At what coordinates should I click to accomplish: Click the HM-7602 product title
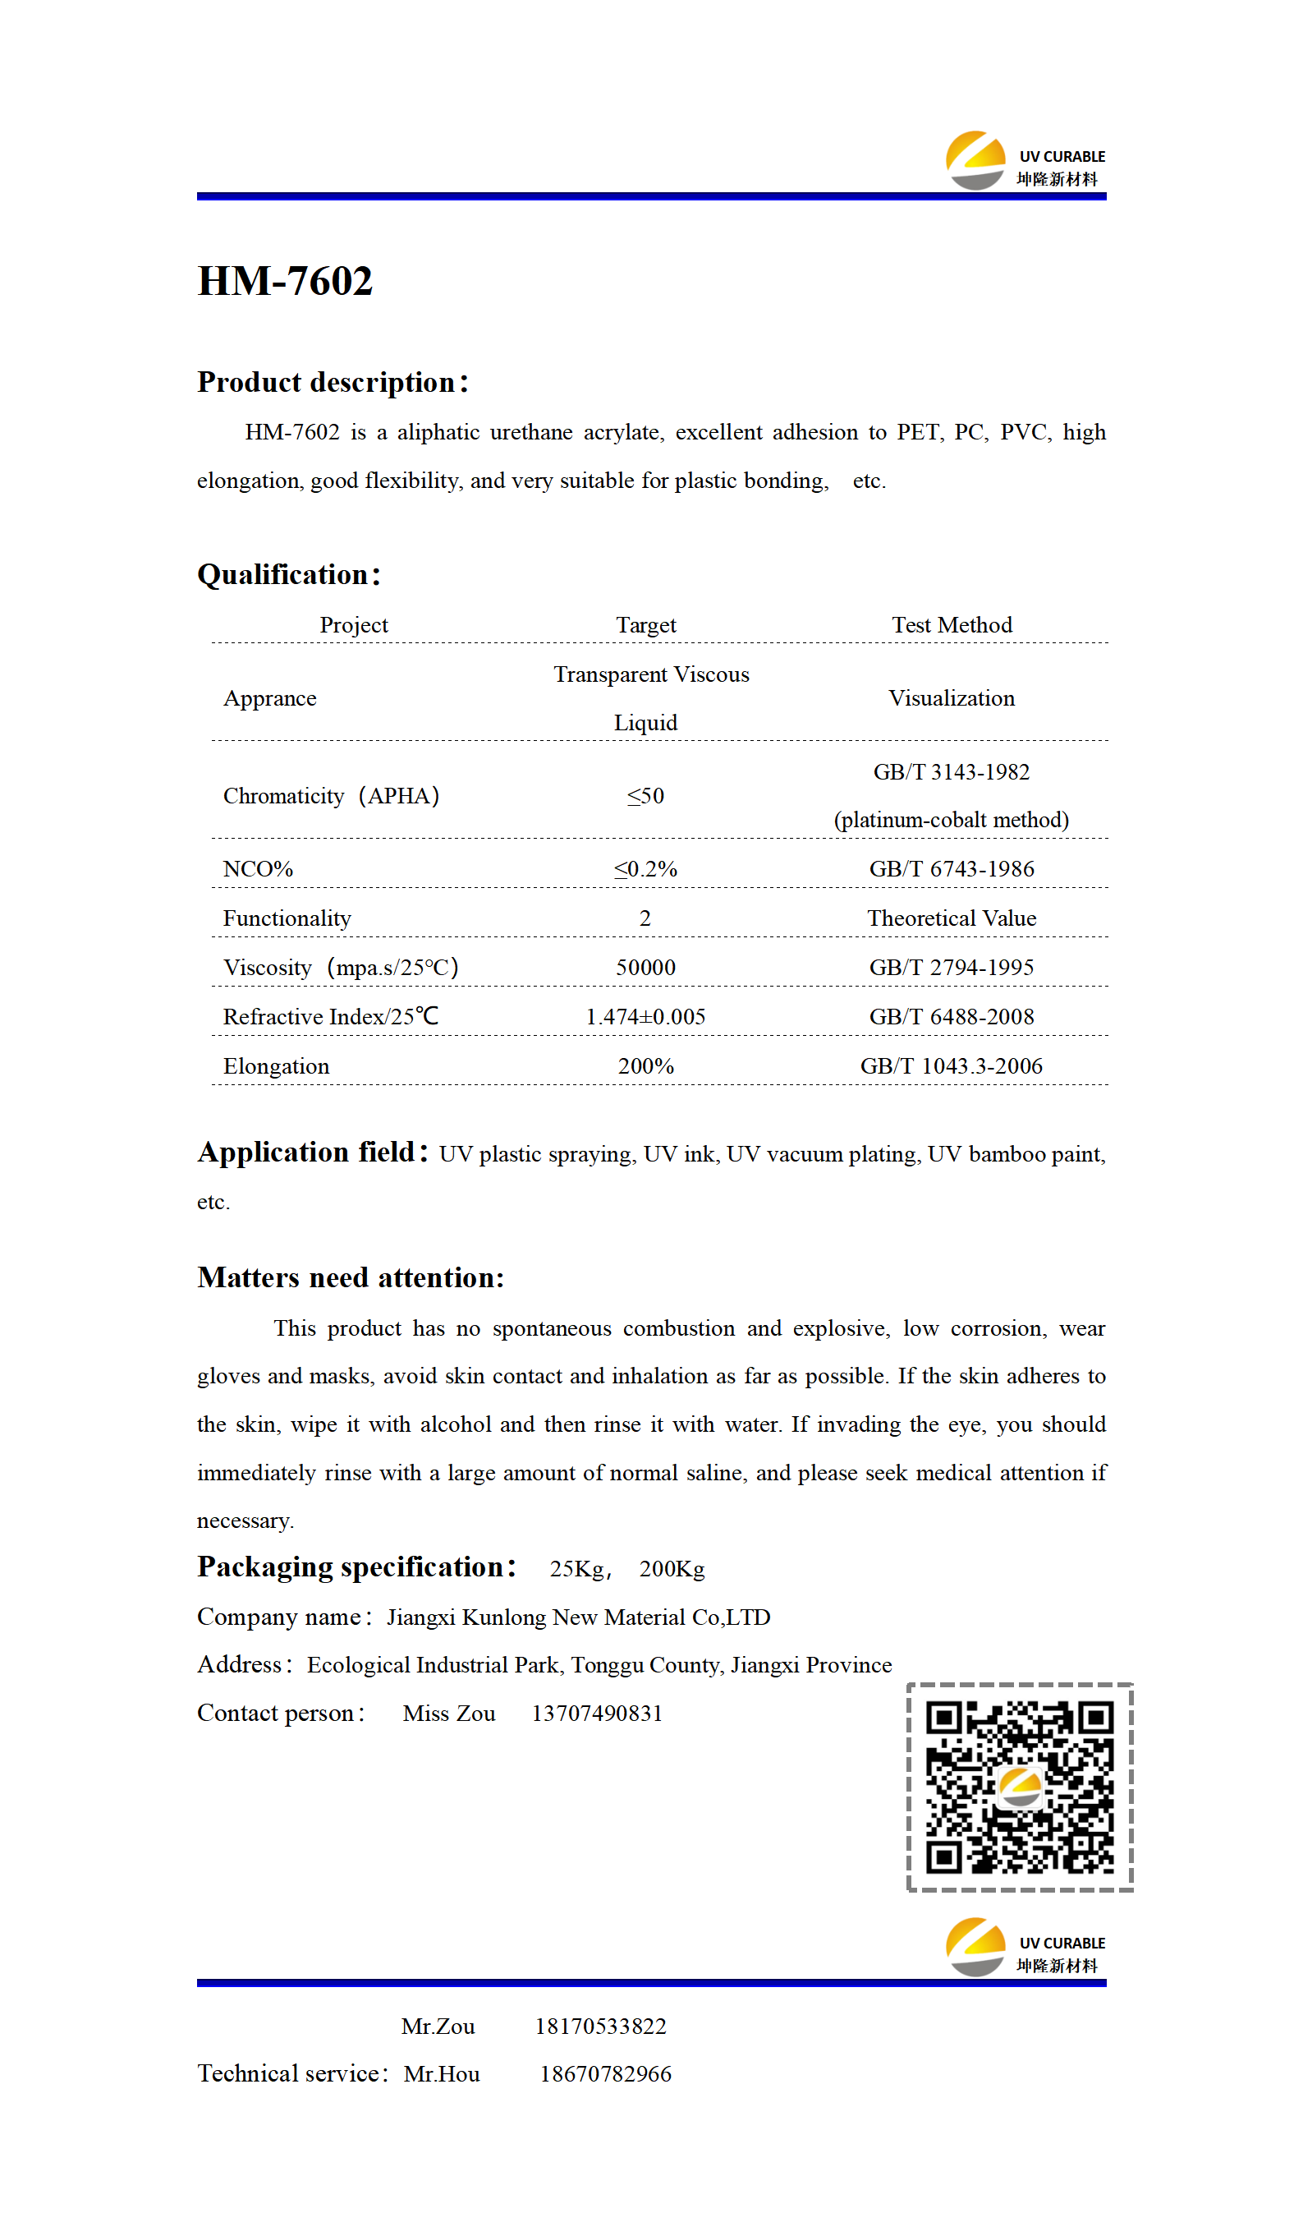(286, 282)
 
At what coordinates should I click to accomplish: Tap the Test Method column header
(952, 624)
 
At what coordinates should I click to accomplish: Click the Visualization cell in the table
(952, 698)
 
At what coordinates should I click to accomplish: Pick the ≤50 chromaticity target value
(645, 796)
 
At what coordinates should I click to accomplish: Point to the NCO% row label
(258, 868)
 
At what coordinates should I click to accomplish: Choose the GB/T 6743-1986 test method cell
(952, 868)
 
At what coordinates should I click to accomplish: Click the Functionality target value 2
(645, 918)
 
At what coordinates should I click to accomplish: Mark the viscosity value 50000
(645, 967)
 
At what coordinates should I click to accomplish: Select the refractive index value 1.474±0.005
(645, 1016)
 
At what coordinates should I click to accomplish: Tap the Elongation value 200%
(645, 1066)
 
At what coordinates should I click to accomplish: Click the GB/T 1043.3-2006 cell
(952, 1066)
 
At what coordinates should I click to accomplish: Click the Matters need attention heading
(351, 1277)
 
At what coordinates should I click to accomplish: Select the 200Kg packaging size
(672, 1568)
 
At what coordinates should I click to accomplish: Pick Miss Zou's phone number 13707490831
(597, 1714)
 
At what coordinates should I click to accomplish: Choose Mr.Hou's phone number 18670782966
(606, 2073)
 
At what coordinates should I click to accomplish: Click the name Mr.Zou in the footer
(438, 2026)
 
